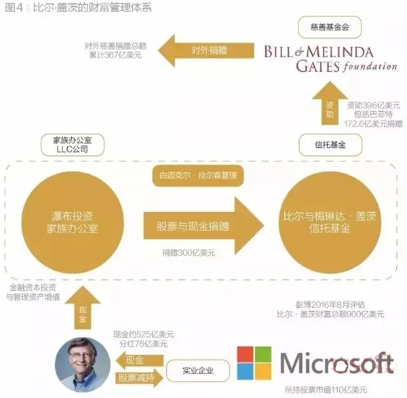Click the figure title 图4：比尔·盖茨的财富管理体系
click(x=78, y=7)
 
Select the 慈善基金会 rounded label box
click(x=330, y=27)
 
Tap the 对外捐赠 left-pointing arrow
click(x=206, y=50)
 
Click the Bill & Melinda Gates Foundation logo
click(x=330, y=59)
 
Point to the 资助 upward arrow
click(x=330, y=103)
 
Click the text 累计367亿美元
click(x=115, y=55)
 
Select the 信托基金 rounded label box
click(x=330, y=145)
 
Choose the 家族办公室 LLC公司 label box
click(x=73, y=145)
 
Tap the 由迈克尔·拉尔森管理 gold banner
click(x=198, y=176)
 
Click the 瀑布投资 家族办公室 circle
click(x=73, y=222)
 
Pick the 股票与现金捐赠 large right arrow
click(x=203, y=226)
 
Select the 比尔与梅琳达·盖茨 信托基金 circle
click(x=330, y=222)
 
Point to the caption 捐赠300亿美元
click(x=189, y=252)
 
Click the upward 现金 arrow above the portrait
click(x=83, y=307)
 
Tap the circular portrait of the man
click(x=83, y=364)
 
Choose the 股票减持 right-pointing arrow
click(x=139, y=378)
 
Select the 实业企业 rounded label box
click(x=198, y=370)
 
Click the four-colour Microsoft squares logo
click(x=254, y=363)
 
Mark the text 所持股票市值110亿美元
click(x=326, y=389)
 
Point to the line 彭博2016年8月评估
click(x=330, y=304)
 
